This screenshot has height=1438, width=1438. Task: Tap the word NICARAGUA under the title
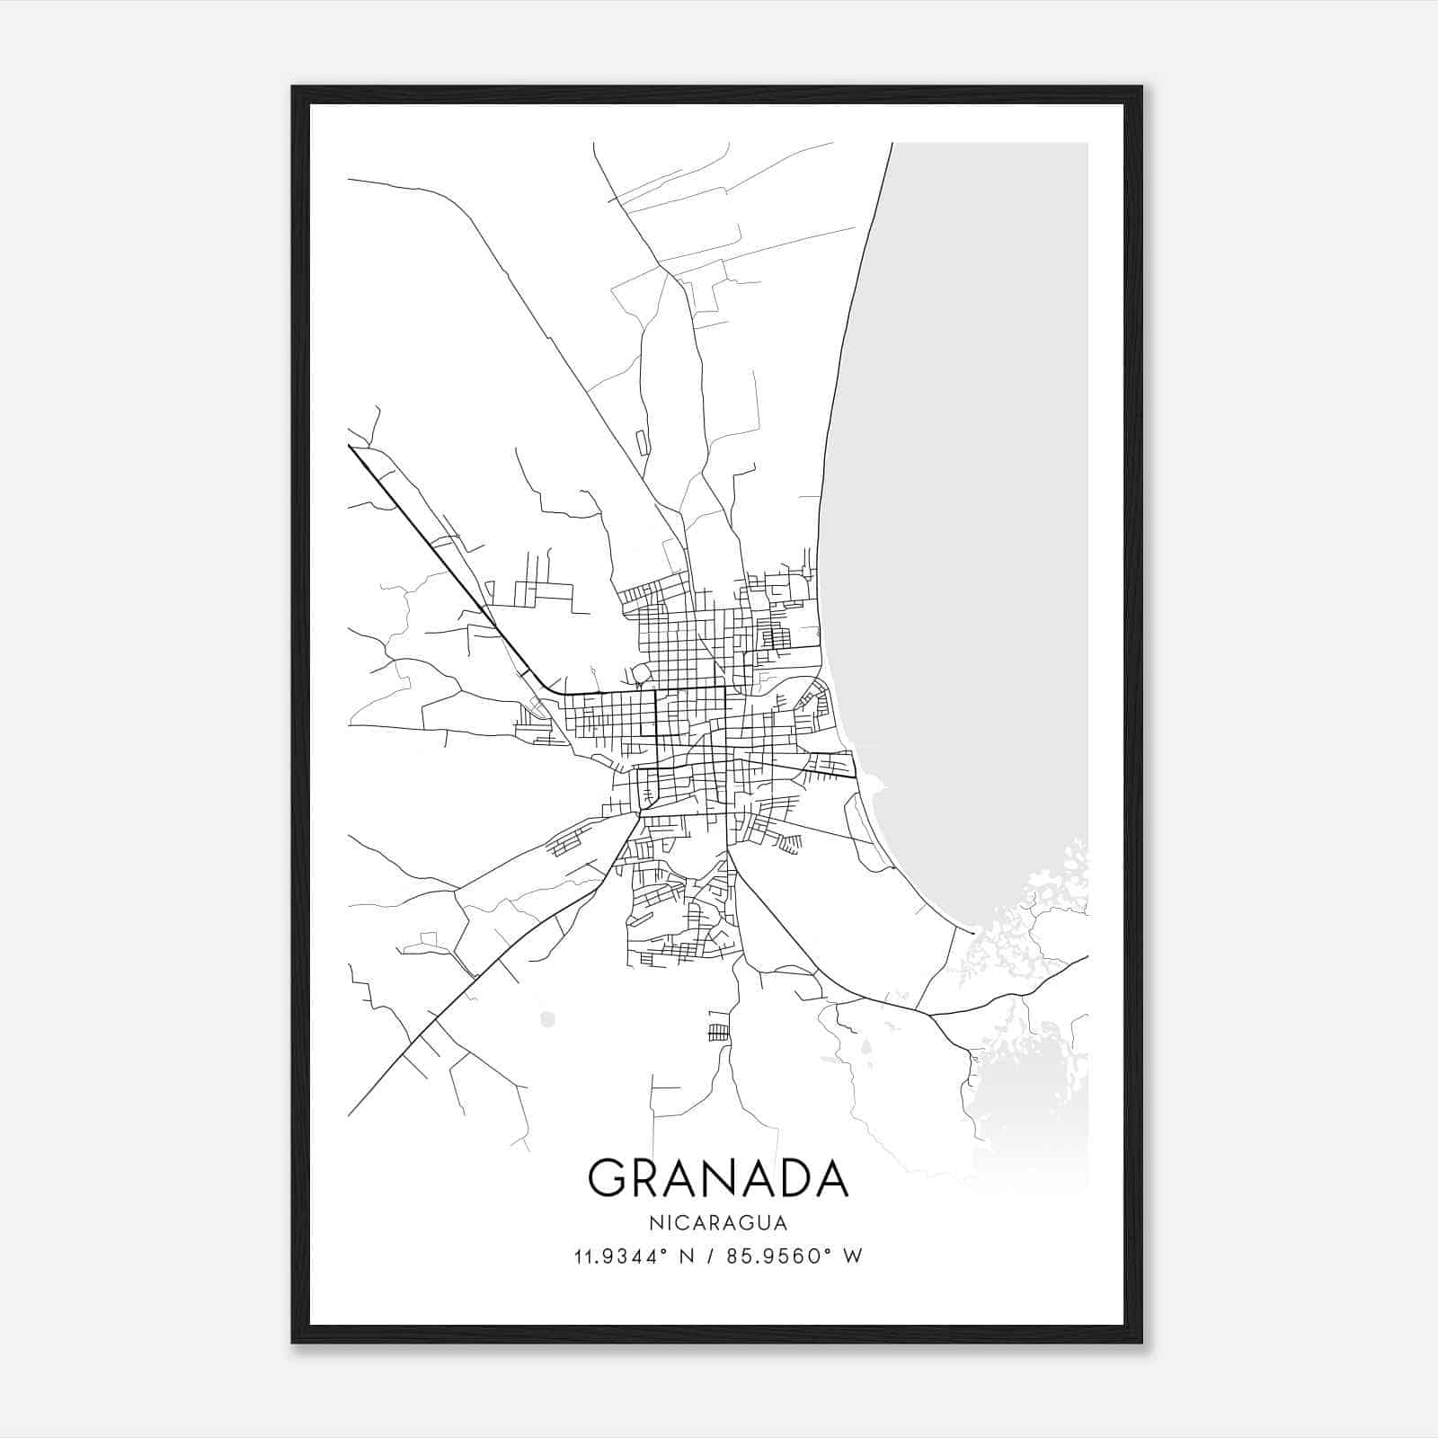[718, 1223]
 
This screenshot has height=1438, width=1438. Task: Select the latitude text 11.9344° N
[633, 1256]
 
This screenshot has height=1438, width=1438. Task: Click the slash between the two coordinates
[711, 1256]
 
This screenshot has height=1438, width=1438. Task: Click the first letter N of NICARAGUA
[652, 1223]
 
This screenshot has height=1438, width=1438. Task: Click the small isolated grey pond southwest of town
[547, 1018]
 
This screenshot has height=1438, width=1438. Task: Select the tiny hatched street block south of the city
[720, 1031]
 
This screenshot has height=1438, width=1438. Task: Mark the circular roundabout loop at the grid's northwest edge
[641, 673]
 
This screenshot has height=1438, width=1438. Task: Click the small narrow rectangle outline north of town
[641, 441]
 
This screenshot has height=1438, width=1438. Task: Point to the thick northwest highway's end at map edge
[350, 446]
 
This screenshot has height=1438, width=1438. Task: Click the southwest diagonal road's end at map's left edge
[350, 1114]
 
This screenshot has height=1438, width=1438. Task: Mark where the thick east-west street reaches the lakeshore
[857, 774]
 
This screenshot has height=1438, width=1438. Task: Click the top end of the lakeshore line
[892, 144]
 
